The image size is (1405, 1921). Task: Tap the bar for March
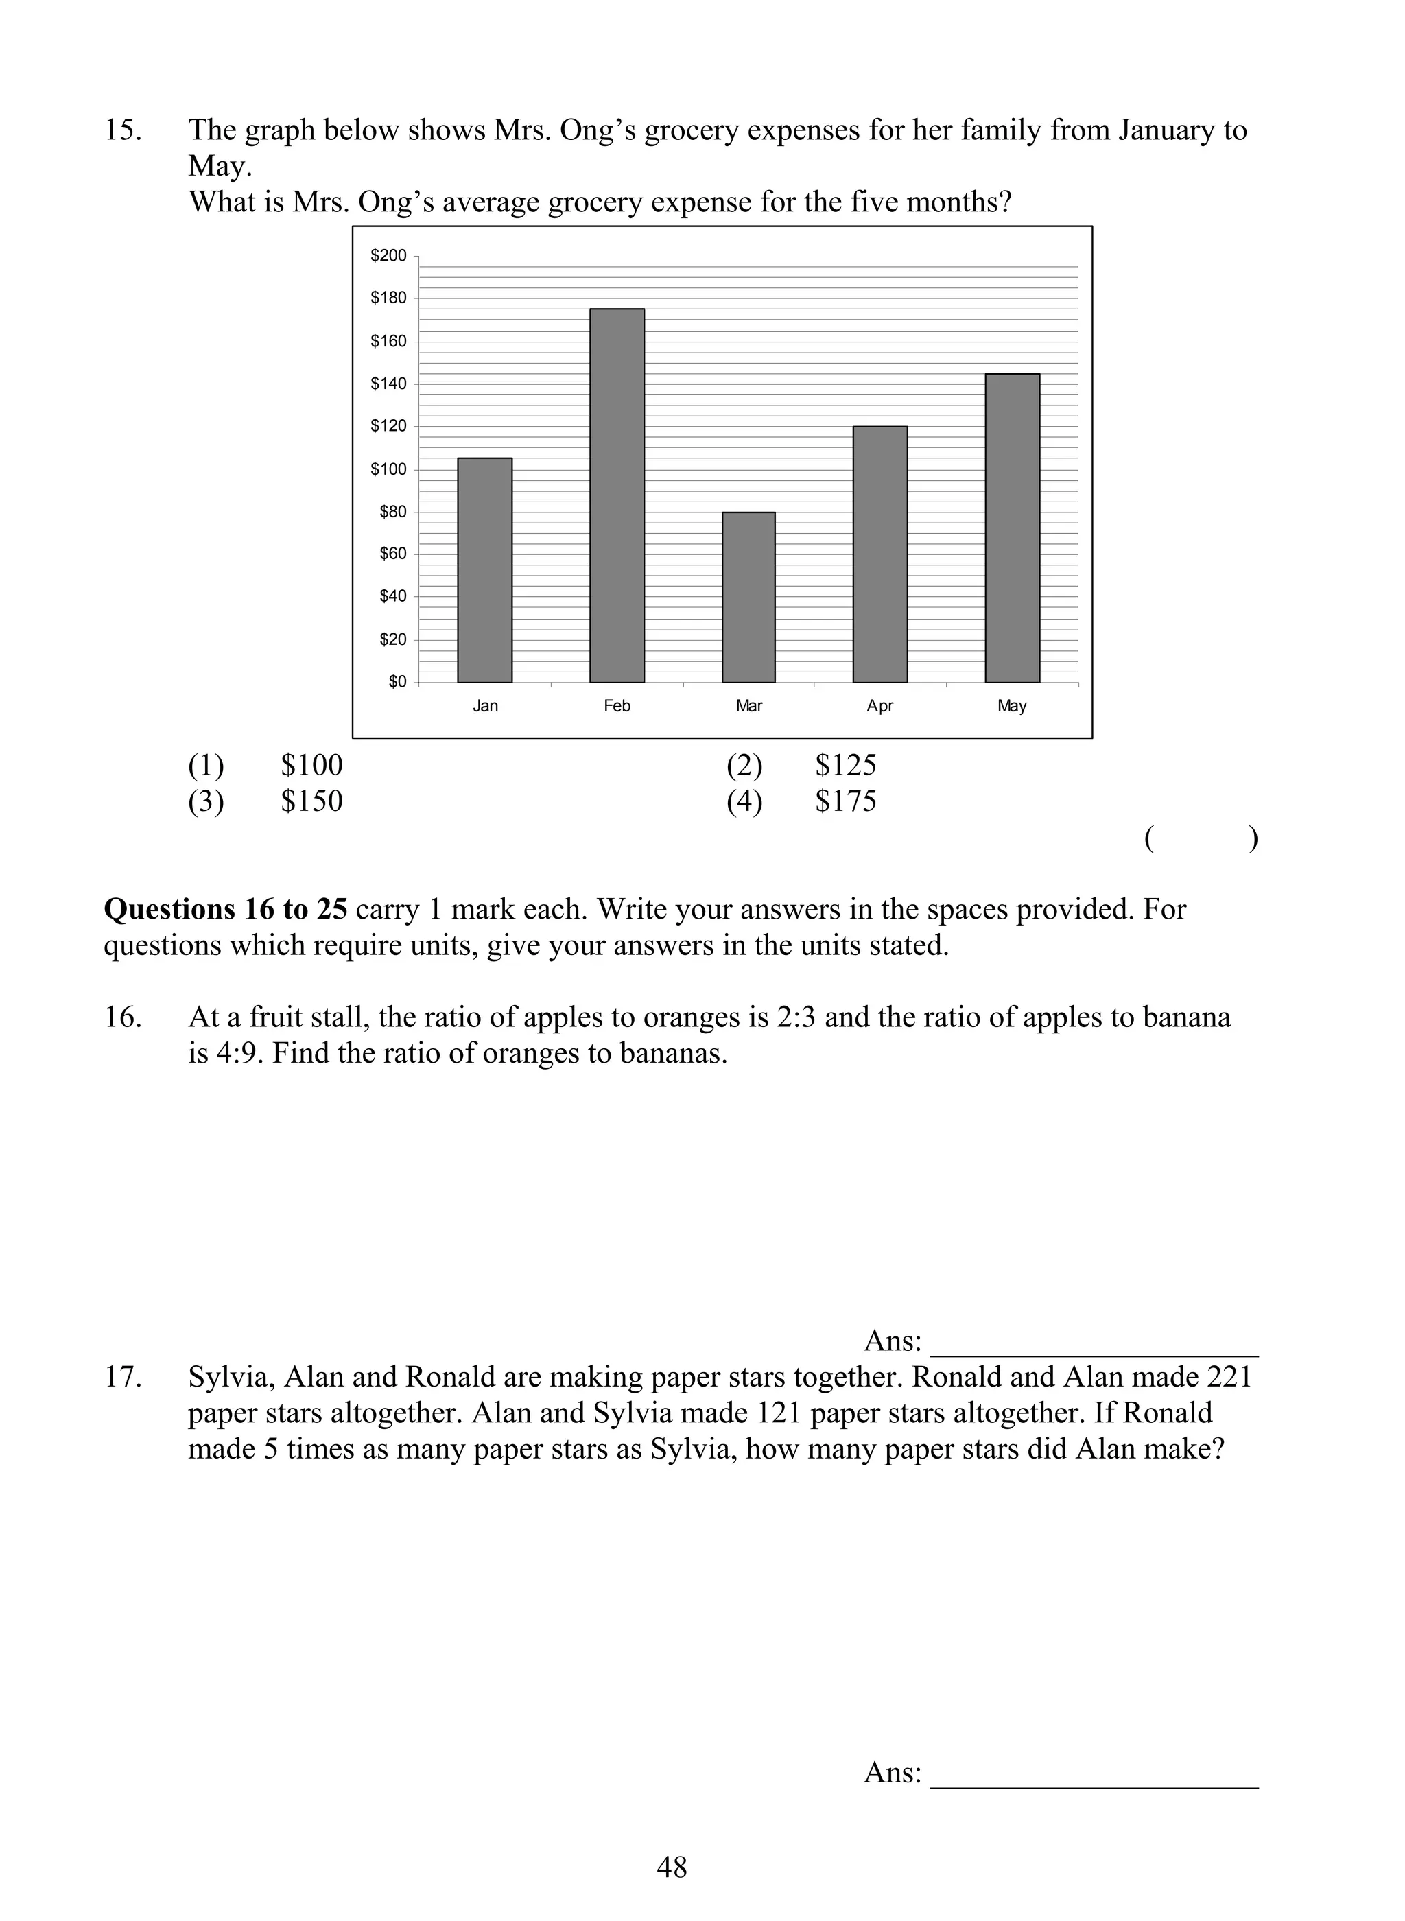click(748, 597)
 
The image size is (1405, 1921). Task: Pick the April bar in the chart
click(880, 554)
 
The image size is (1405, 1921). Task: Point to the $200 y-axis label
click(389, 255)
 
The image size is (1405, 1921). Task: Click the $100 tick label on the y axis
click(389, 469)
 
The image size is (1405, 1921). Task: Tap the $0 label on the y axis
click(397, 682)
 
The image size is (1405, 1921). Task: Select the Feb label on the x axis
click(617, 706)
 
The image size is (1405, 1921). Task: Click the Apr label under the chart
click(880, 706)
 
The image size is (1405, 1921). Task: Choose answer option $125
click(845, 766)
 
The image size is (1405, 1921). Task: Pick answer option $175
click(845, 801)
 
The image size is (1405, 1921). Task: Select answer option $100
click(311, 766)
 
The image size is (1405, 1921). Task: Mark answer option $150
click(311, 801)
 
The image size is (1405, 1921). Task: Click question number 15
click(123, 130)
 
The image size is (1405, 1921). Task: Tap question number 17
click(123, 1377)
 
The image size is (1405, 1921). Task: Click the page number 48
click(672, 1867)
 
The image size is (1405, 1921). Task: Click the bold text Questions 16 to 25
click(226, 909)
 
